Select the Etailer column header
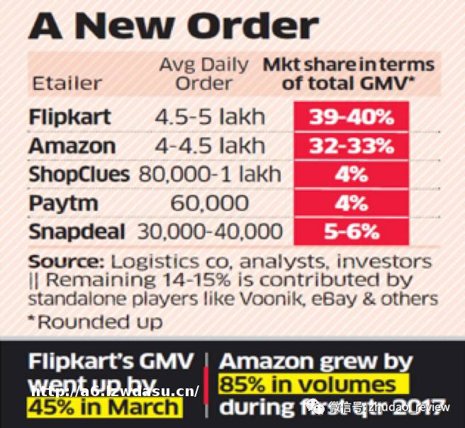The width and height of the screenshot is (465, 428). tap(67, 83)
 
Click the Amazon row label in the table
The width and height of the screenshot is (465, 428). tap(72, 146)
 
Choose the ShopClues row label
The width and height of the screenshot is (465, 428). tap(79, 174)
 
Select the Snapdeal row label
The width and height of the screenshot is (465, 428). tap(77, 231)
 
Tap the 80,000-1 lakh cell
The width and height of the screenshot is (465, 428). tap(210, 174)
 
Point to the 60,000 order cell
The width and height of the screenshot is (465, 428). tap(210, 203)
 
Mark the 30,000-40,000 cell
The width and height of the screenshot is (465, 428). tap(210, 231)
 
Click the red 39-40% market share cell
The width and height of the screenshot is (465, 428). tap(351, 117)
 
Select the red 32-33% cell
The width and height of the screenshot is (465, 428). tap(351, 146)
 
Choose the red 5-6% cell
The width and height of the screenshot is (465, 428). tap(351, 231)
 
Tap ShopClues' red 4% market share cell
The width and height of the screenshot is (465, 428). tap(351, 174)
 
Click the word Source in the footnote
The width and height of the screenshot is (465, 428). tap(59, 260)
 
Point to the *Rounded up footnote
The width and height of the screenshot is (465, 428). tap(95, 322)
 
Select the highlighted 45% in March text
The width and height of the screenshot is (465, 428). tap(103, 407)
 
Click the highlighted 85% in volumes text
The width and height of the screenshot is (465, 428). tap(307, 385)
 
